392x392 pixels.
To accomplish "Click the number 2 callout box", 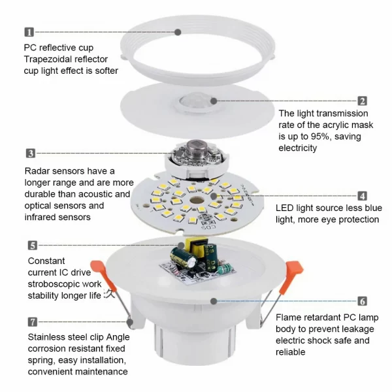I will (362, 101).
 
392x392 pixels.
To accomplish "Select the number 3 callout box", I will (31, 153).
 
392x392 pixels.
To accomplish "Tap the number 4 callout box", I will (362, 195).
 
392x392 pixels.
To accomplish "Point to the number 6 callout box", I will (362, 301).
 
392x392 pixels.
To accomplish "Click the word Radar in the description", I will (38, 171).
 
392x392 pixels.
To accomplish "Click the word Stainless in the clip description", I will (47, 337).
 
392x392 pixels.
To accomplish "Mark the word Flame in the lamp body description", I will (289, 318).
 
